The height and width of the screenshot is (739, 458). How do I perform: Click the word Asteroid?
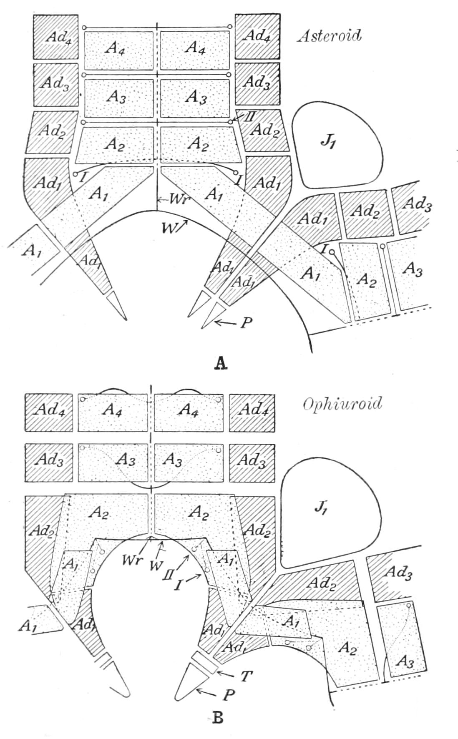click(329, 36)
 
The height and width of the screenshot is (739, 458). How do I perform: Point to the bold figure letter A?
click(221, 363)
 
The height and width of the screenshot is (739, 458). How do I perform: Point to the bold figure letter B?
click(218, 718)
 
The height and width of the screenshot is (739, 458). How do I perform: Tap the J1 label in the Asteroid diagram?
click(329, 142)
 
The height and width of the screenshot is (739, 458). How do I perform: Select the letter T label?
click(247, 676)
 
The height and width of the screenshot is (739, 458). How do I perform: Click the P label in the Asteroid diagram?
click(247, 322)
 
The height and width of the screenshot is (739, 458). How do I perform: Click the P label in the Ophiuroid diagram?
click(229, 696)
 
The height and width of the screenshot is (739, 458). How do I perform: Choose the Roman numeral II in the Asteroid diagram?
click(249, 117)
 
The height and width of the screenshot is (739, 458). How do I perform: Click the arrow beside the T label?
click(226, 672)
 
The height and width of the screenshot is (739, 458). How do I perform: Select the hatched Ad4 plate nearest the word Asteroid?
click(257, 37)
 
